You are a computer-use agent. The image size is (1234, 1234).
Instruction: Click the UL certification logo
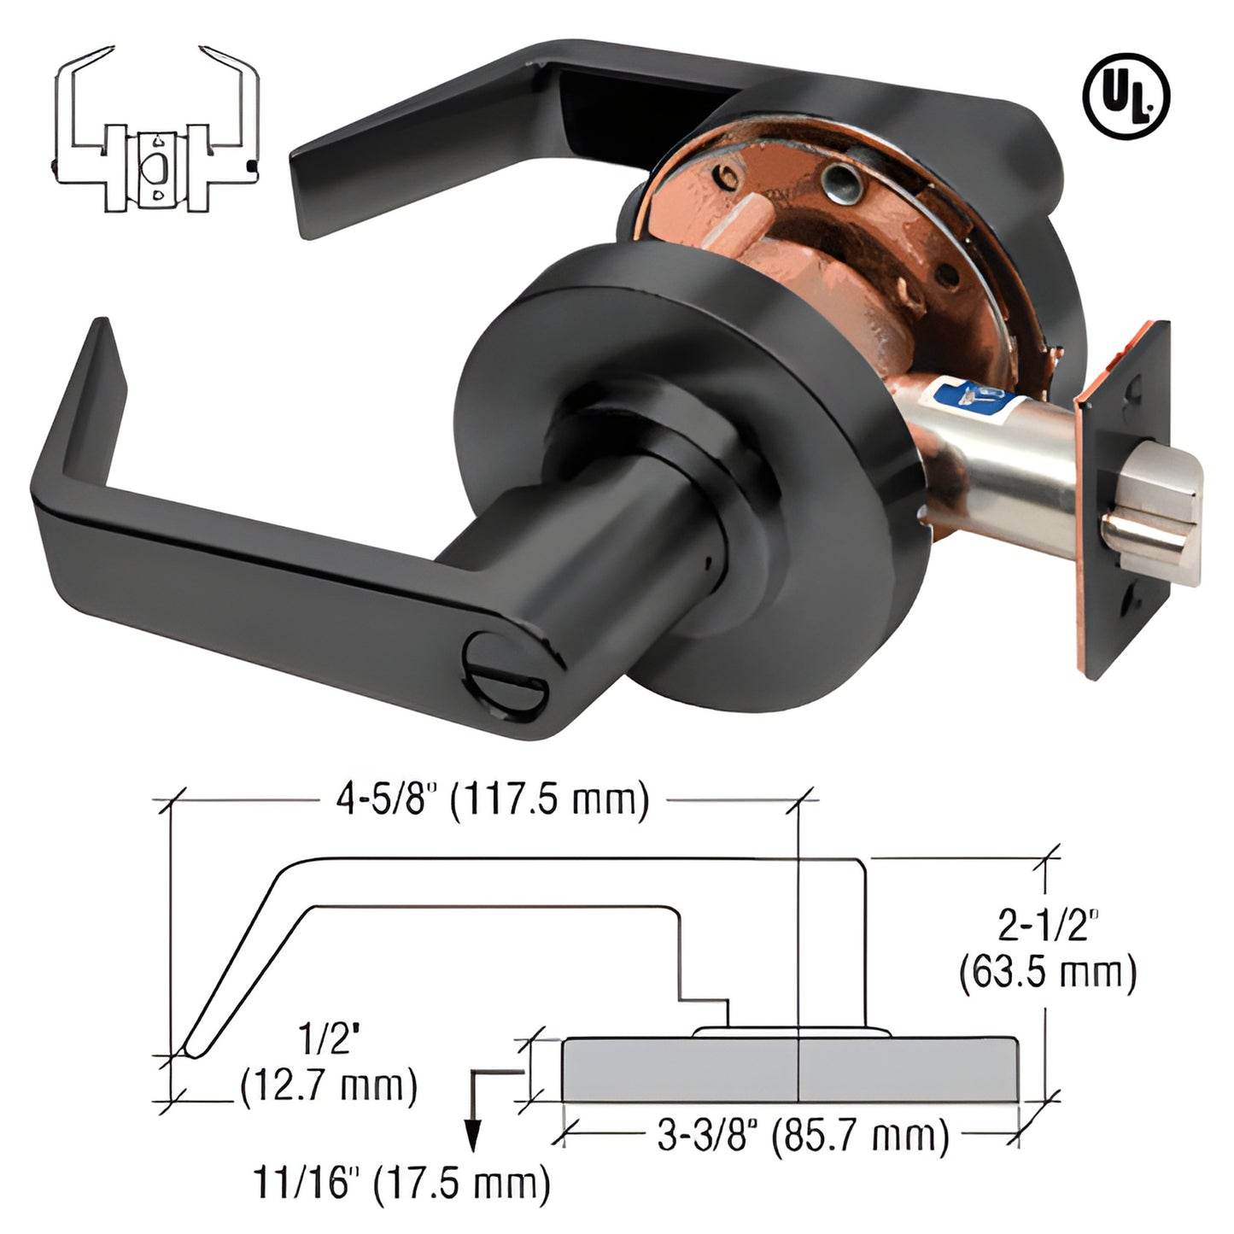pyautogui.click(x=1126, y=100)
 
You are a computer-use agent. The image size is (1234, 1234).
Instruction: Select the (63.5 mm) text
pyautogui.click(x=1048, y=973)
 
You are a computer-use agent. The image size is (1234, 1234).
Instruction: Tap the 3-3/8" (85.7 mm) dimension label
pyautogui.click(x=803, y=1137)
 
